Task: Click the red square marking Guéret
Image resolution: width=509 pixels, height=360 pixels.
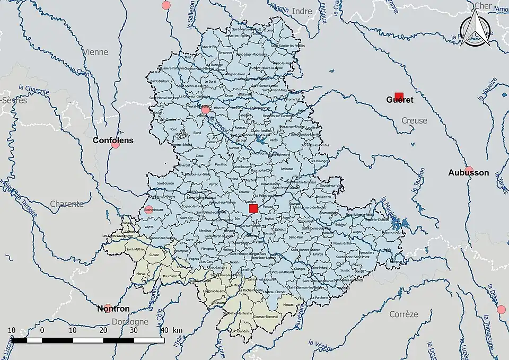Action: coord(399,96)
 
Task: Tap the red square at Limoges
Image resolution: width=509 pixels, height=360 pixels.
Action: coord(253,209)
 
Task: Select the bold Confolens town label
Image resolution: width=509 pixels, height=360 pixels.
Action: coord(113,141)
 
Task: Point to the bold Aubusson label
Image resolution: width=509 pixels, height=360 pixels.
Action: coord(468,173)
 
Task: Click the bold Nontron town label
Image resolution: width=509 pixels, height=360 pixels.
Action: coord(113,309)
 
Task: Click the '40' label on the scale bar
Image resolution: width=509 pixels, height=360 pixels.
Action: coord(164,330)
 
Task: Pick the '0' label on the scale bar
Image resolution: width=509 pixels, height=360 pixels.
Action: coord(42,330)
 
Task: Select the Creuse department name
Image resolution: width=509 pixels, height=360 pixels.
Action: coord(414,121)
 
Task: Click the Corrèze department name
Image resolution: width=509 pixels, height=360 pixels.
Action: coord(403,314)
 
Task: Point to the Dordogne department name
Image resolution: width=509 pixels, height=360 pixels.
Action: coord(130,322)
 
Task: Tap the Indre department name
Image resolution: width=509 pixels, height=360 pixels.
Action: coord(302,11)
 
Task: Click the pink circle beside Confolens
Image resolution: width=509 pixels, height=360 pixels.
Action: coord(116,144)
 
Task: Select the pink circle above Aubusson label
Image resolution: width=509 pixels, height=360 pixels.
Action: coord(469,170)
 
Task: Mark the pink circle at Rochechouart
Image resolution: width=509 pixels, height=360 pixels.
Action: coord(149,210)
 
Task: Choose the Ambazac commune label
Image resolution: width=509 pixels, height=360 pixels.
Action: coord(287,169)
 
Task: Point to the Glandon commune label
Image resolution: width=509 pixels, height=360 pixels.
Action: coord(243,331)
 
